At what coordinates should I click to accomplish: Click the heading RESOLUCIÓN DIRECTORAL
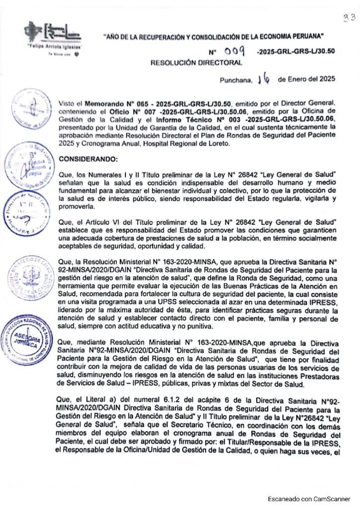pyautogui.click(x=197, y=63)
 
